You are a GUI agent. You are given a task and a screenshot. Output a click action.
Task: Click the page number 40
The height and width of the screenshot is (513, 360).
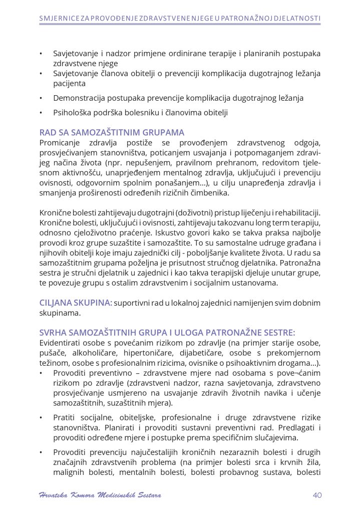(x=316, y=495)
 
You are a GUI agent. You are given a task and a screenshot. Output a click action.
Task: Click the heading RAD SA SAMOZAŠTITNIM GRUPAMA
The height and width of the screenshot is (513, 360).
(x=112, y=133)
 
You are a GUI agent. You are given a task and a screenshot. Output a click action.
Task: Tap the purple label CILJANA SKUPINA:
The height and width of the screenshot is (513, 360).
(x=76, y=303)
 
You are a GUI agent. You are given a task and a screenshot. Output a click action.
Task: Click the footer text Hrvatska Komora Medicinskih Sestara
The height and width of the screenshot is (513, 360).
(x=100, y=495)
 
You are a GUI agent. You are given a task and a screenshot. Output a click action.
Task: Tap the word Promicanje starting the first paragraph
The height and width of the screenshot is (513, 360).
(x=59, y=143)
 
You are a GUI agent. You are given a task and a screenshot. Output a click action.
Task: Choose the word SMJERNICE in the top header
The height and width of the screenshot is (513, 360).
(x=58, y=19)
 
